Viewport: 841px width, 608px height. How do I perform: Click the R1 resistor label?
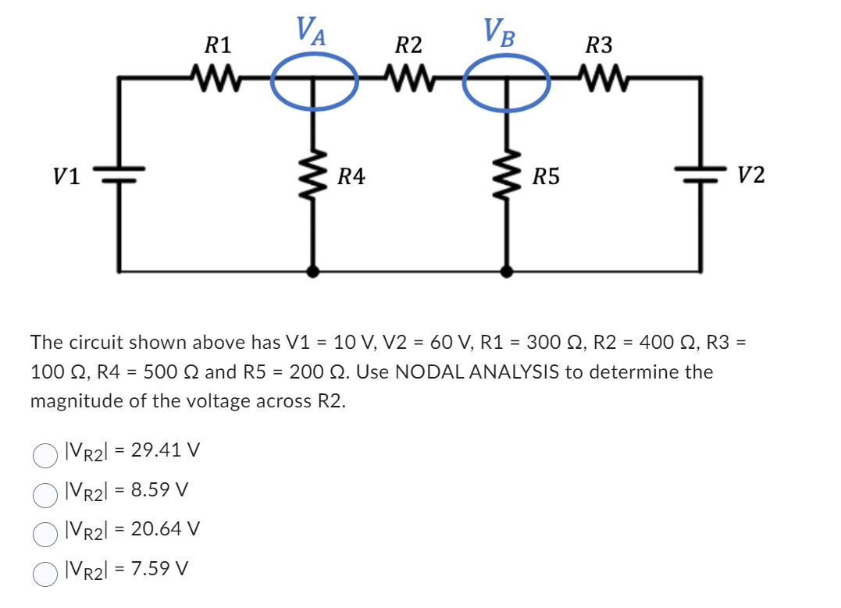pos(216,44)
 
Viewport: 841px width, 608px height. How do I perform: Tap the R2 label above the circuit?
pos(408,44)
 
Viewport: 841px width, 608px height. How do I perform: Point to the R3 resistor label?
pos(599,44)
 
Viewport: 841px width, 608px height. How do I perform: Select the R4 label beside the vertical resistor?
pos(351,177)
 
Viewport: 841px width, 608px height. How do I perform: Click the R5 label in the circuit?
pos(545,177)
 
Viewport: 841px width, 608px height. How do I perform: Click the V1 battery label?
pos(66,177)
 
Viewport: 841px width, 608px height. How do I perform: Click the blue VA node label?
pos(312,32)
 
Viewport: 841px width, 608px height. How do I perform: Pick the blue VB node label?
pos(499,32)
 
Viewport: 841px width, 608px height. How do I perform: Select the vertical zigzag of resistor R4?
pos(314,176)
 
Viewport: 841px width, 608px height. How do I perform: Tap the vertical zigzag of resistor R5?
pos(507,176)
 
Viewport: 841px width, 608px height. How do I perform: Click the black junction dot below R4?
pos(314,272)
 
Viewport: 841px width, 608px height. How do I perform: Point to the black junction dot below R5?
pos(507,272)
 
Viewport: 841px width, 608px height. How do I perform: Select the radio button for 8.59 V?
pos(45,493)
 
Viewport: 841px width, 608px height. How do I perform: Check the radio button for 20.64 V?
pos(45,532)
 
